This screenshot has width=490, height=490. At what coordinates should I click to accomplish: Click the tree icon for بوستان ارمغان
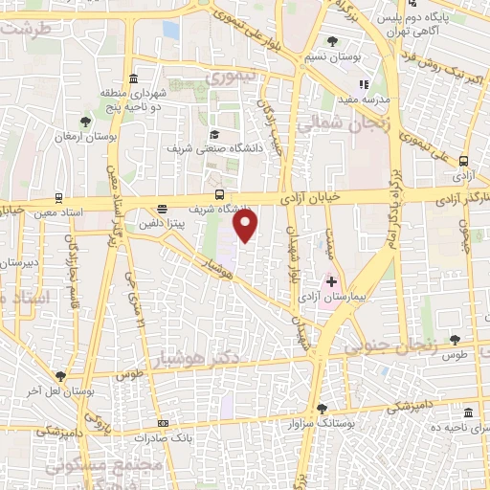85,122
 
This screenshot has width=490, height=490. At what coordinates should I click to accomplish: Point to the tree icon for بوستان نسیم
332,41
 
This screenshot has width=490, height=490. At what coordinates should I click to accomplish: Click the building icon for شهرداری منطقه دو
132,78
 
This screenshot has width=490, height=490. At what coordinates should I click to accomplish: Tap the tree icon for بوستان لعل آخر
60,377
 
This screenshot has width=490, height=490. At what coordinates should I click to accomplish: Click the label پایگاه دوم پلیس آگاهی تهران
421,24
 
